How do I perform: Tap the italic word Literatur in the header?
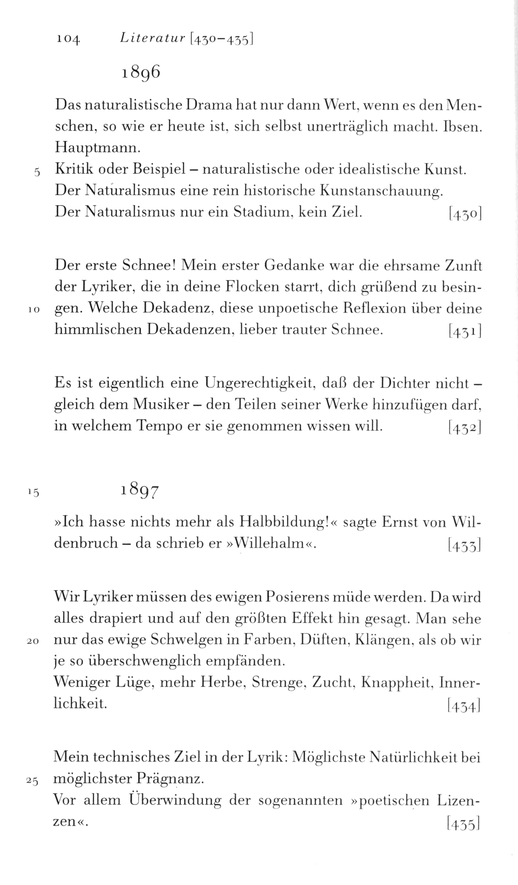pyautogui.click(x=152, y=38)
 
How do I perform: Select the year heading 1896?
pyautogui.click(x=141, y=73)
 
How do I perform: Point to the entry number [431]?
pyautogui.click(x=465, y=331)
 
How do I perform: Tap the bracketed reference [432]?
pyautogui.click(x=465, y=429)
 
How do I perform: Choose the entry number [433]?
pyautogui.click(x=465, y=545)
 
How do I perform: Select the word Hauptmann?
pyautogui.click(x=98, y=148)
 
